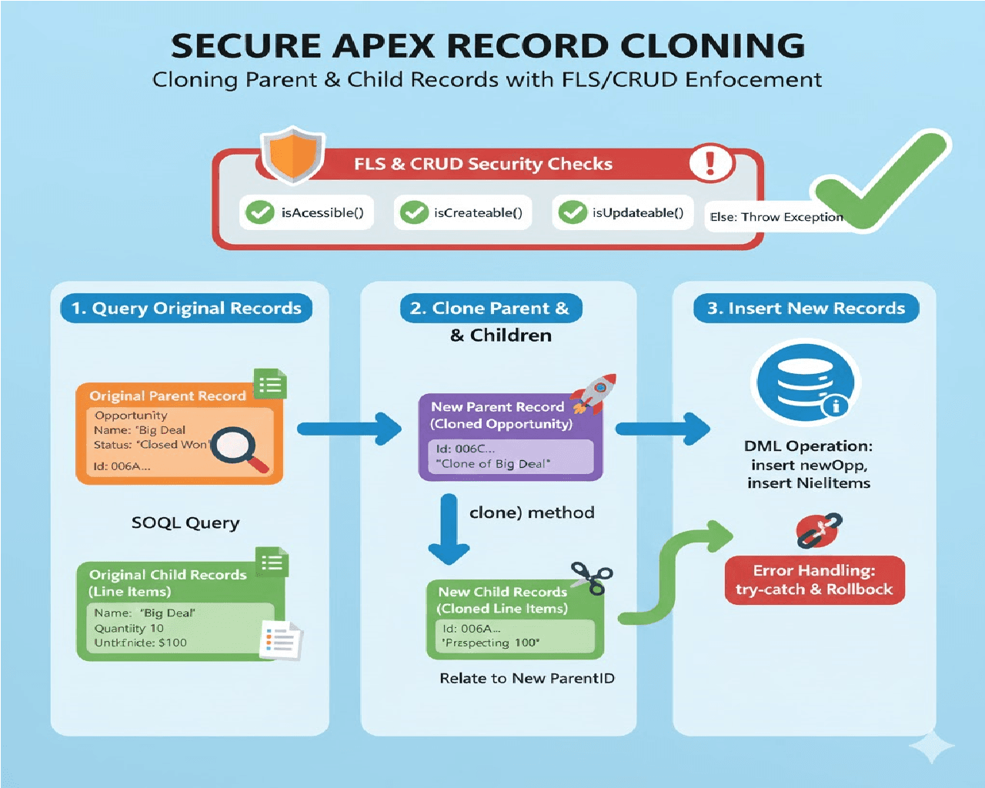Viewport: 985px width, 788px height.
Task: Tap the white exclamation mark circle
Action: [710, 162]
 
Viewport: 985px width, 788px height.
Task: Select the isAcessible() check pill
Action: [307, 212]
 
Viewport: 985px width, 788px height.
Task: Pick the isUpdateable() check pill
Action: [623, 212]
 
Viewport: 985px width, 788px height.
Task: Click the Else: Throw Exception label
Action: [776, 217]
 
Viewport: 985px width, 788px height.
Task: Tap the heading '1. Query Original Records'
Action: [186, 309]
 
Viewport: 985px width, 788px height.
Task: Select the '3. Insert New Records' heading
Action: [806, 309]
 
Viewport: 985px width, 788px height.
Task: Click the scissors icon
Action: [591, 577]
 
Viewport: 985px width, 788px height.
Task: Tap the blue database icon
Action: [805, 382]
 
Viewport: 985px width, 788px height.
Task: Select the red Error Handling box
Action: [814, 580]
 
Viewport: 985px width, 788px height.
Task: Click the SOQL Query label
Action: [185, 523]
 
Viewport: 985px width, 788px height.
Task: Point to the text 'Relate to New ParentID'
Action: [527, 679]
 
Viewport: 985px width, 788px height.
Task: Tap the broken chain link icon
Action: [819, 530]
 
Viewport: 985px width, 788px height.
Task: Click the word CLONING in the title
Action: [713, 46]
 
